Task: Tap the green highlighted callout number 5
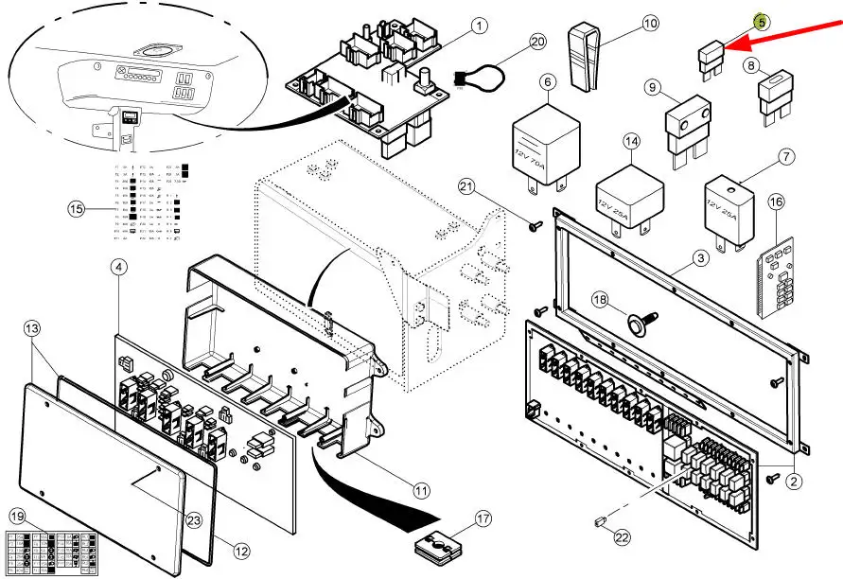coord(760,20)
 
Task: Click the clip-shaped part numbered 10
coord(585,51)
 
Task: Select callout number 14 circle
coord(632,144)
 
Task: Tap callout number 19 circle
coord(17,517)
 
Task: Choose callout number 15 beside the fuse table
coord(77,208)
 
